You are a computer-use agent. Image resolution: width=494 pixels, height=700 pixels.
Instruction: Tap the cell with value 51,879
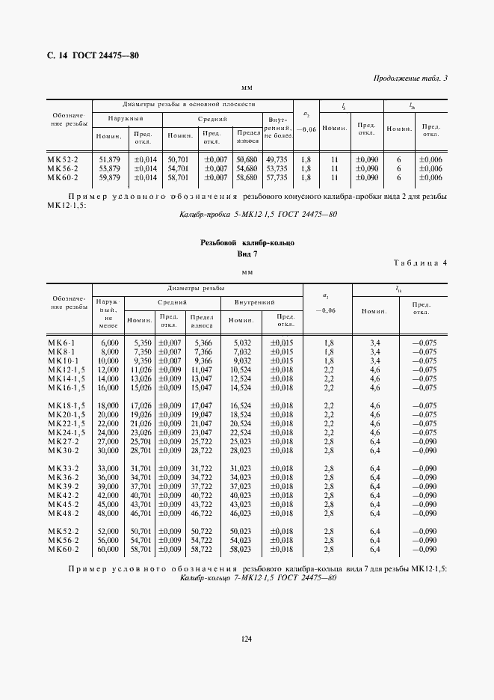point(109,159)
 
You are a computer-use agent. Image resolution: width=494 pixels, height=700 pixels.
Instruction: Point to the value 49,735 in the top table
point(277,159)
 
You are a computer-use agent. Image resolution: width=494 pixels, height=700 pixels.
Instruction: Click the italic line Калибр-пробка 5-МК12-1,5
point(259,215)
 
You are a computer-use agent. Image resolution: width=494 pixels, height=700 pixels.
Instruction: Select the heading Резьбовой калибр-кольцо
point(247,244)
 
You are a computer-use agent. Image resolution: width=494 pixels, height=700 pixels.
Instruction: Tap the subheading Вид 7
point(247,254)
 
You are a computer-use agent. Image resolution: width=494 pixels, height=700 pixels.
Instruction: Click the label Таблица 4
point(419,262)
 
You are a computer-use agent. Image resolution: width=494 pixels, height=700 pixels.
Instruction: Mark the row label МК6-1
point(61,342)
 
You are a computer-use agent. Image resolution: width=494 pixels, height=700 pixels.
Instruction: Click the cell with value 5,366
point(203,342)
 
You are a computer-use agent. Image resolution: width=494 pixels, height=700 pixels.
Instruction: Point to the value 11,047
point(202,369)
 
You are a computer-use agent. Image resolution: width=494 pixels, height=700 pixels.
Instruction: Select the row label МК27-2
point(62,442)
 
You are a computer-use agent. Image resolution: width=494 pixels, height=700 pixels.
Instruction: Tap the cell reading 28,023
point(240,451)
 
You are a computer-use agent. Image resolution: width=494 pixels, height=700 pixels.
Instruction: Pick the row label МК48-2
point(62,515)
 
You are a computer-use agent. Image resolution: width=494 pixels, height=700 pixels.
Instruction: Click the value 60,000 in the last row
point(109,549)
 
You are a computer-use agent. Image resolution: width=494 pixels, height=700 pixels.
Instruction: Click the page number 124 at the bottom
point(247,638)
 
